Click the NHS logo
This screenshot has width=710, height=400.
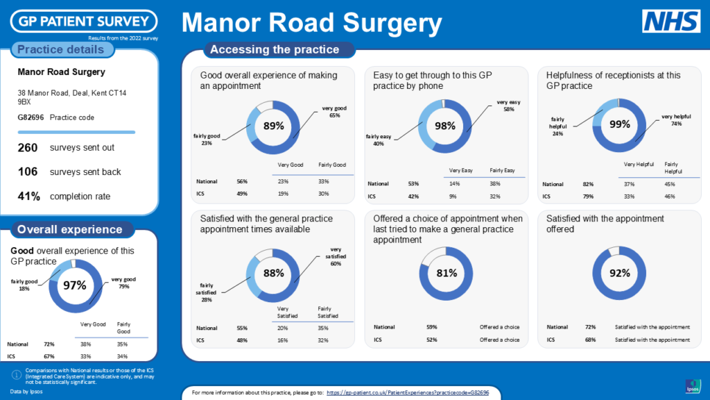click(670, 22)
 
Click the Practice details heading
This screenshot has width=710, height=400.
click(60, 49)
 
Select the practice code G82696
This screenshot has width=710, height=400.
click(31, 117)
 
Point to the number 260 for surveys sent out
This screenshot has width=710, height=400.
click(28, 147)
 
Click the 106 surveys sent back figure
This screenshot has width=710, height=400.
click(28, 172)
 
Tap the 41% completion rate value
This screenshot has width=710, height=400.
click(29, 196)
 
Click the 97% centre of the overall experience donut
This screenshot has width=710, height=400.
click(74, 285)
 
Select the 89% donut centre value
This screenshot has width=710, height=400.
click(274, 126)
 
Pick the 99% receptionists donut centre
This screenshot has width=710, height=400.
click(619, 124)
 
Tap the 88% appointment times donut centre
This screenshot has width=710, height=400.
click(274, 274)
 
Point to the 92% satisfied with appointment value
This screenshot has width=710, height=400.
click(619, 273)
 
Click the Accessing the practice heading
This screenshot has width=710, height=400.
click(275, 49)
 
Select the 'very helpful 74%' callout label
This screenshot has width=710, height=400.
click(676, 120)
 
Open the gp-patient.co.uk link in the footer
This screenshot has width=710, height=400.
click(408, 393)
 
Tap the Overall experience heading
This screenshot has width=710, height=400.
click(69, 229)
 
